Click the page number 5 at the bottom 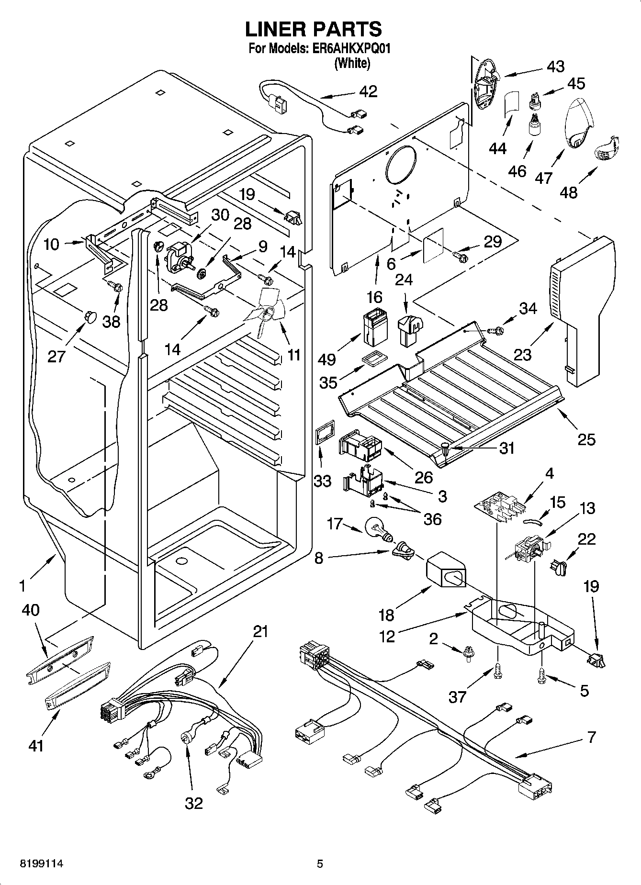click(x=320, y=864)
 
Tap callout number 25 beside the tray click(x=586, y=439)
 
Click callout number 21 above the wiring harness click(x=260, y=632)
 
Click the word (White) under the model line click(x=352, y=63)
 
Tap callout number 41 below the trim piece click(x=36, y=745)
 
